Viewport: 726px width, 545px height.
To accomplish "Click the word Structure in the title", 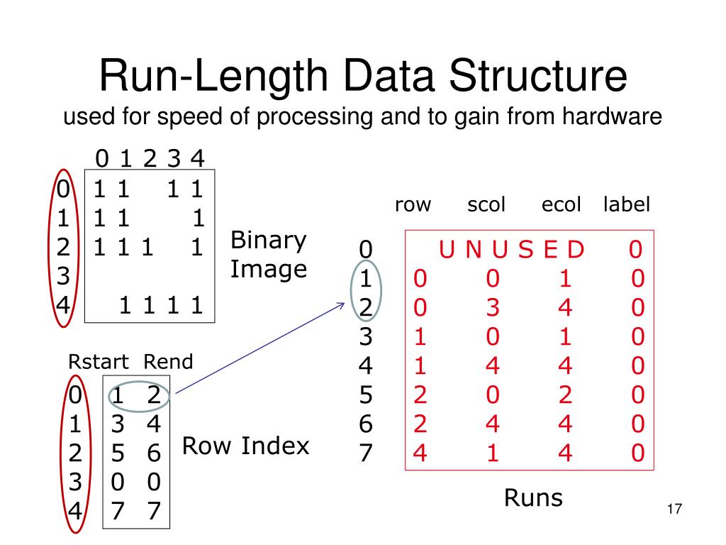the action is (538, 75).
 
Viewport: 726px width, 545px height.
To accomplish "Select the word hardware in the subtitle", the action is (612, 116).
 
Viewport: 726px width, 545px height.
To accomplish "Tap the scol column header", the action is (486, 204).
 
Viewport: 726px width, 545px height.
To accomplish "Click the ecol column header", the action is (562, 204).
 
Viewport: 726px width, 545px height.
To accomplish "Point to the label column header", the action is (627, 204).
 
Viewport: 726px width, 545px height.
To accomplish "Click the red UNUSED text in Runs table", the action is (512, 249).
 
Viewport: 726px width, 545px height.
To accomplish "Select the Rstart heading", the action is (98, 361).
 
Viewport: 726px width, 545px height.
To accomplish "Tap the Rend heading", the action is (168, 361).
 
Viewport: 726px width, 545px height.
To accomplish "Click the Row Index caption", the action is (246, 446).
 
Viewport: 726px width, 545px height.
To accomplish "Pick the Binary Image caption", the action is (269, 255).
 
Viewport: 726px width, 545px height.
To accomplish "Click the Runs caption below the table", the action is (533, 498).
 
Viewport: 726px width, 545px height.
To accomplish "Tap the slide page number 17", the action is (675, 509).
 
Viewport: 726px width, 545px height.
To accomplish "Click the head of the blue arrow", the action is (344, 304).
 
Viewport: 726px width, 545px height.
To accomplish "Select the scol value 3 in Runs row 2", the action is (493, 307).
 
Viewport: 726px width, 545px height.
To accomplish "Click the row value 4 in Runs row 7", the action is (420, 453).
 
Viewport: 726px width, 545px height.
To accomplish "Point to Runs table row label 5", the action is (366, 395).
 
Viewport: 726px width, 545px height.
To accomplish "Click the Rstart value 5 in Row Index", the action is (118, 453).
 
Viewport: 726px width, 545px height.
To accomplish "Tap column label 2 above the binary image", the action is (150, 158).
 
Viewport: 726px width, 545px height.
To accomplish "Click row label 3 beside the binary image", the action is (63, 276).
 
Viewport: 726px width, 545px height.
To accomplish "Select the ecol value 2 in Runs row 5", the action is (565, 395).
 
